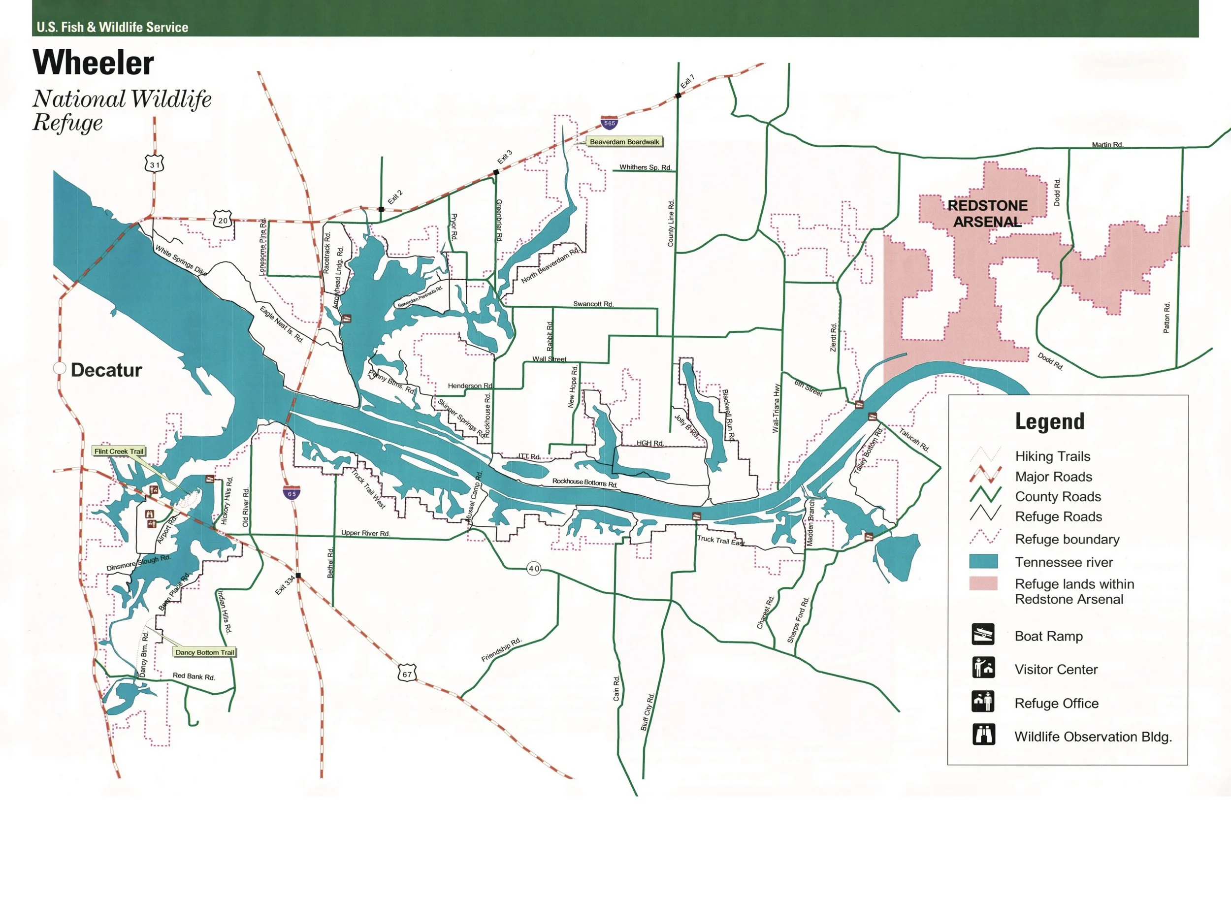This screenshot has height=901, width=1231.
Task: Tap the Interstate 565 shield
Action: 609,122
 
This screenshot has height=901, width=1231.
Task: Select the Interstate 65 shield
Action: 292,492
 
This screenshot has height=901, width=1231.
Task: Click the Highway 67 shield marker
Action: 407,673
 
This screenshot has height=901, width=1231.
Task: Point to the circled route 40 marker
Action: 533,568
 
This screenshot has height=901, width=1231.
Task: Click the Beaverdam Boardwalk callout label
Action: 624,142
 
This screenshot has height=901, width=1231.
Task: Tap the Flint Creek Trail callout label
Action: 119,451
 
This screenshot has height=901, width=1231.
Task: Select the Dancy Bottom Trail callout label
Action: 204,652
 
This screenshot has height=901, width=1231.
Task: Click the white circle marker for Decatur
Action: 60,368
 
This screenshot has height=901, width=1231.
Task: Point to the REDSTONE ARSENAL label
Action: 987,213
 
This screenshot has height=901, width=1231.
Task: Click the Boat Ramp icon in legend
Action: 983,634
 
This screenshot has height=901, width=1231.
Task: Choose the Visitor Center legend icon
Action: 983,668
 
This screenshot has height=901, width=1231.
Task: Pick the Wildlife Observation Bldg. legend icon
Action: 983,734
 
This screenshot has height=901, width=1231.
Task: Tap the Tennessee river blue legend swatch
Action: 983,561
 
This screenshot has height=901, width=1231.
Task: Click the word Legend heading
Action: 1049,421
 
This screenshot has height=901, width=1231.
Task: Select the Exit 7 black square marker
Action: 678,96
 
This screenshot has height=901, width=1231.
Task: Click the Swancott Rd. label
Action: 593,304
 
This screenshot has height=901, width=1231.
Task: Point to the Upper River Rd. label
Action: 365,533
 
